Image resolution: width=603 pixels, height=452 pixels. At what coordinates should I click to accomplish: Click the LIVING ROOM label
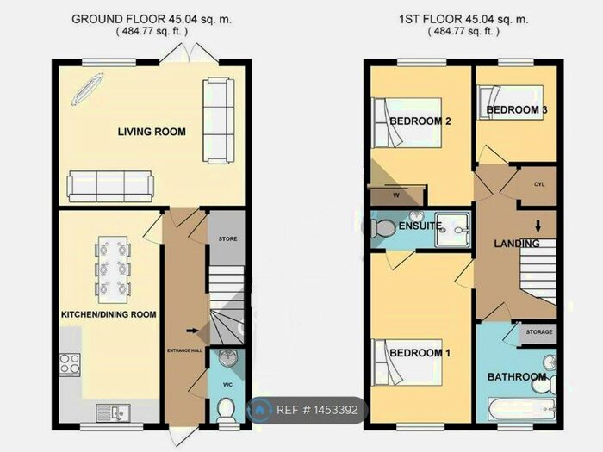(x=152, y=131)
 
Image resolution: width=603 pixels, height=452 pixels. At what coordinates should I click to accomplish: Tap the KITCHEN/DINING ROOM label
(x=109, y=314)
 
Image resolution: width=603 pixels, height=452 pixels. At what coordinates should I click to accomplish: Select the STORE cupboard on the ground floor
(x=227, y=238)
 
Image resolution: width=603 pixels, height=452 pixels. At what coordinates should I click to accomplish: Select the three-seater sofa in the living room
(x=110, y=183)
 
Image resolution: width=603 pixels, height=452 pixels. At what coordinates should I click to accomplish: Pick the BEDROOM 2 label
(x=420, y=121)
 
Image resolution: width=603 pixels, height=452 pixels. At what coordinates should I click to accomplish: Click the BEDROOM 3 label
(x=517, y=111)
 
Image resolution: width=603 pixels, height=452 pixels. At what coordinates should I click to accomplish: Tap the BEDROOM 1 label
(x=420, y=353)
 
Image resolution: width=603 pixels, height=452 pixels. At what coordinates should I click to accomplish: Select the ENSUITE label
(x=420, y=226)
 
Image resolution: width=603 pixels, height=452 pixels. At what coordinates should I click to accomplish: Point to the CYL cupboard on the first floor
(x=539, y=185)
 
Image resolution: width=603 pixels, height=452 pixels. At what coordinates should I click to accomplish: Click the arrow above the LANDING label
(x=538, y=227)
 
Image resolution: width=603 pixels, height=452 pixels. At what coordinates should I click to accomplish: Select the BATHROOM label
(x=517, y=377)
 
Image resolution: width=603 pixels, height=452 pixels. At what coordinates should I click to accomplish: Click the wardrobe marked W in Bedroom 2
(x=396, y=195)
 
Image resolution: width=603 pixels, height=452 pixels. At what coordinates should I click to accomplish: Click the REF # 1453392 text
(x=317, y=410)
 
